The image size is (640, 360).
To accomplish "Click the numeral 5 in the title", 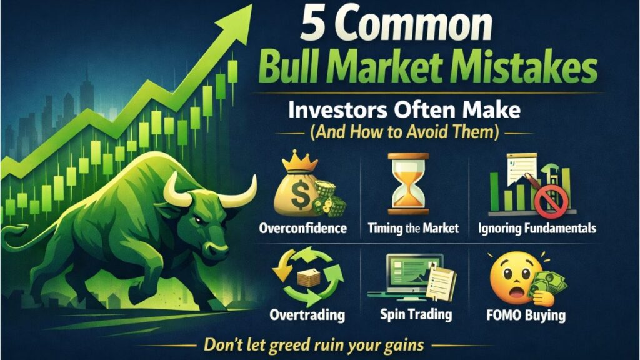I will coord(313,26).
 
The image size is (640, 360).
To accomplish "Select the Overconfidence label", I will coord(302,228).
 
